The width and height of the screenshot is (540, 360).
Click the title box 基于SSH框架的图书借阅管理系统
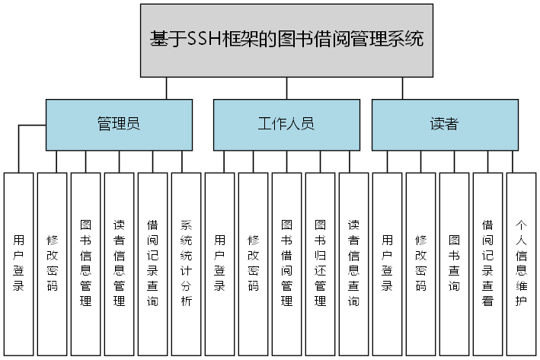pos(286,40)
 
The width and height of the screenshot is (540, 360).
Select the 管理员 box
pos(119,124)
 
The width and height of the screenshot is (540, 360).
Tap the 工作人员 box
pos(286,124)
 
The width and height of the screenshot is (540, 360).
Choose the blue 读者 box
pos(444,124)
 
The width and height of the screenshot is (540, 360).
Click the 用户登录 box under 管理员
pos(19,263)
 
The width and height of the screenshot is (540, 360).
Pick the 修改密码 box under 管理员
pos(53,263)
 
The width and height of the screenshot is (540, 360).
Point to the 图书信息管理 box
pos(86,263)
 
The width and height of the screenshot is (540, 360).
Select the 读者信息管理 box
pos(120,263)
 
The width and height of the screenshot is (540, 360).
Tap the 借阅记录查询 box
pos(153,263)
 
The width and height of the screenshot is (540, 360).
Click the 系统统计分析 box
pos(187,263)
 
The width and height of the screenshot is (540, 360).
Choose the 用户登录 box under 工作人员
pos(220,263)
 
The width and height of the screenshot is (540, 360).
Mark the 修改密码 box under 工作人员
pos(254,263)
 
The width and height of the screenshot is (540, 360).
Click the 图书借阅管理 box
pos(287,263)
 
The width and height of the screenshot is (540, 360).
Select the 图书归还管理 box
pos(321,263)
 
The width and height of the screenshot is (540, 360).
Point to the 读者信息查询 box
pos(354,263)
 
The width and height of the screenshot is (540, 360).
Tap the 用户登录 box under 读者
pos(388,263)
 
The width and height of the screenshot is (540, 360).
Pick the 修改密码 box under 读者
pos(421,263)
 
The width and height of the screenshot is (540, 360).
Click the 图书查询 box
pos(455,263)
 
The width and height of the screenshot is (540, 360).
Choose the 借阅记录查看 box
pos(488,263)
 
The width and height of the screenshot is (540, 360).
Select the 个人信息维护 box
pos(522,263)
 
